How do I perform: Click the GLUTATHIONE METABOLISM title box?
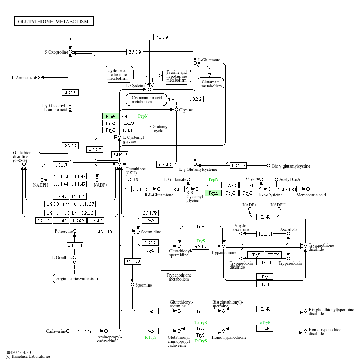pos(54,22)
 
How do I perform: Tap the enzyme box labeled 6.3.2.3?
pos(166,164)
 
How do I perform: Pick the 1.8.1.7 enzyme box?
pos(61,165)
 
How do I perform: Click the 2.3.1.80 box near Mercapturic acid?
pos(288,189)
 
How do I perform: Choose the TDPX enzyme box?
pos(274,255)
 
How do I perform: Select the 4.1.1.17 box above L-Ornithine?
pos(75,246)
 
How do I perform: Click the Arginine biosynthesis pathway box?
pos(75,278)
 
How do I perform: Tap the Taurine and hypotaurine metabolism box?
pos(176,76)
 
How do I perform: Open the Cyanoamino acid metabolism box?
pos(146,100)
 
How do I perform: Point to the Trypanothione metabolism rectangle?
pos(178,277)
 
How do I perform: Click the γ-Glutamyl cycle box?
pos(159,128)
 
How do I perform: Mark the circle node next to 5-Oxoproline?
pos(70,52)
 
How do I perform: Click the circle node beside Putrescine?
pos(75,231)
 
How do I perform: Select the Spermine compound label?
pos(144,285)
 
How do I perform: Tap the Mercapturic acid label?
pos(311,195)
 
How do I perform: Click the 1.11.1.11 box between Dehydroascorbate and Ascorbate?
pos(265,234)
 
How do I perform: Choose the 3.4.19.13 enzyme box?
pos(119,155)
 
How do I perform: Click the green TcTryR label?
pos(264,322)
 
